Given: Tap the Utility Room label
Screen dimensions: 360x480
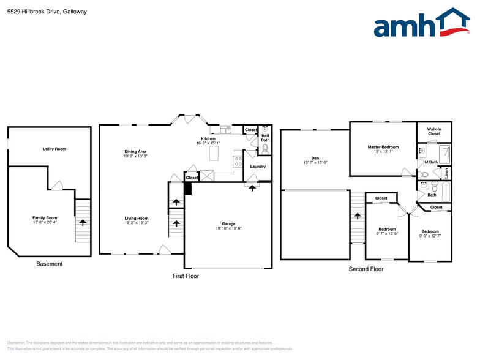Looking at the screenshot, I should tap(54, 149).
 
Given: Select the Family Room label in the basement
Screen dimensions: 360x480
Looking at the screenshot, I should tap(45, 218).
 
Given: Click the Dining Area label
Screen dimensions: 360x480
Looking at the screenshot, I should tap(135, 151).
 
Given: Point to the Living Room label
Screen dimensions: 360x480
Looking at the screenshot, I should tap(137, 219).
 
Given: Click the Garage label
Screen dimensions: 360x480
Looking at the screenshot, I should tap(229, 223).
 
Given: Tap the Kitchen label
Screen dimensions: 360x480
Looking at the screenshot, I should tap(208, 139).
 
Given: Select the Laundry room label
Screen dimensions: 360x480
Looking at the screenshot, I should tap(258, 167).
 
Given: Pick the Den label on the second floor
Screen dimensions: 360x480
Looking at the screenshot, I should tap(315, 158).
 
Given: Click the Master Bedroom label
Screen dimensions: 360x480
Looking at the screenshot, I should tap(383, 147).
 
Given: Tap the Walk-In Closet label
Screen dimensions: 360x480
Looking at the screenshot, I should tap(434, 131).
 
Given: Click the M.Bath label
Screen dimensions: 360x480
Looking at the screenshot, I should tap(431, 162).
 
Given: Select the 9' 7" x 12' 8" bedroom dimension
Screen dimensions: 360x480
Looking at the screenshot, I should tap(387, 234).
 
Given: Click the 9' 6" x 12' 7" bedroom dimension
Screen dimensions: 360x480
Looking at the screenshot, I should tap(430, 236).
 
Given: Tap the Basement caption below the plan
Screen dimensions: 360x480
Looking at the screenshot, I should tap(50, 264).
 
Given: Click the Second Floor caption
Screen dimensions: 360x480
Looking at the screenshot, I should tap(366, 269).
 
